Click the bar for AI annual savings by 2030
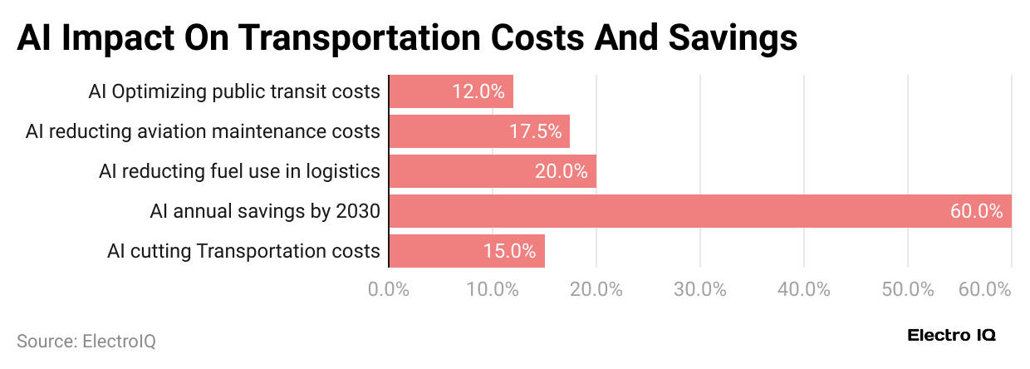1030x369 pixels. [699, 211]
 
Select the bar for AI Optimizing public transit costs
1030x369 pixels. [451, 91]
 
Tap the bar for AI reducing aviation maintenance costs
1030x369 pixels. [479, 131]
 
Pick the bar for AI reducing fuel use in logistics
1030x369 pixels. [493, 171]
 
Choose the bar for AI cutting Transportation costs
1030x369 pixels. [467, 251]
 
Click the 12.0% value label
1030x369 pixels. [478, 91]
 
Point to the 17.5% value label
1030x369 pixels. [535, 131]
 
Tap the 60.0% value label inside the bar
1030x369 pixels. [977, 211]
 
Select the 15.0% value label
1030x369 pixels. [509, 251]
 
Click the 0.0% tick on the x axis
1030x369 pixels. [389, 289]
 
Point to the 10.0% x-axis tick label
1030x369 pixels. [493, 289]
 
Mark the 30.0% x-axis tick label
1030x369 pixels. [700, 289]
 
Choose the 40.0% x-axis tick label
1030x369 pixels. [804, 289]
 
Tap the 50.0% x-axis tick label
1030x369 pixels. [908, 289]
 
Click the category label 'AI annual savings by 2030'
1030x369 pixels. [265, 211]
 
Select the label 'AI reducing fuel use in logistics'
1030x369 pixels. [239, 171]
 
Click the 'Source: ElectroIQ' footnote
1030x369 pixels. [86, 341]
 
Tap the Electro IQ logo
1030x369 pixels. [952, 336]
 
